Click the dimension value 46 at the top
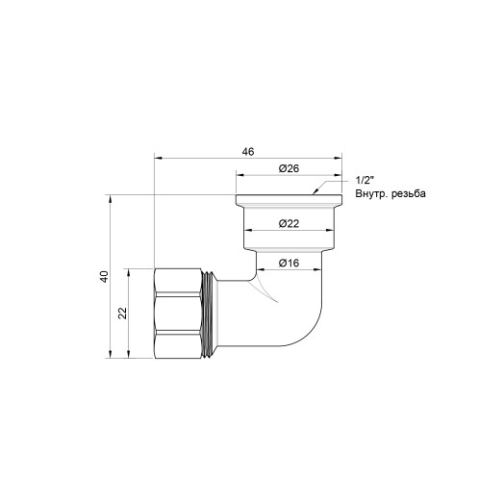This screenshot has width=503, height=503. [x=249, y=152]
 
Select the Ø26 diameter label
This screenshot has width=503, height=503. [x=289, y=169]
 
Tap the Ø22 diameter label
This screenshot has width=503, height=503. [x=289, y=224]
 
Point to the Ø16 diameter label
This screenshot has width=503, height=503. [x=289, y=263]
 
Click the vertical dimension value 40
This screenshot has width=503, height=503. [x=104, y=276]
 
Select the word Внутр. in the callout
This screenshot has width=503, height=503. [x=374, y=193]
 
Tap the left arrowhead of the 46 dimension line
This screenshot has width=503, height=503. [x=158, y=159]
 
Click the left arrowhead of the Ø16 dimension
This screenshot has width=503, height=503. [x=255, y=270]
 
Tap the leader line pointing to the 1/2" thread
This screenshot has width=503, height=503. [x=332, y=188]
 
